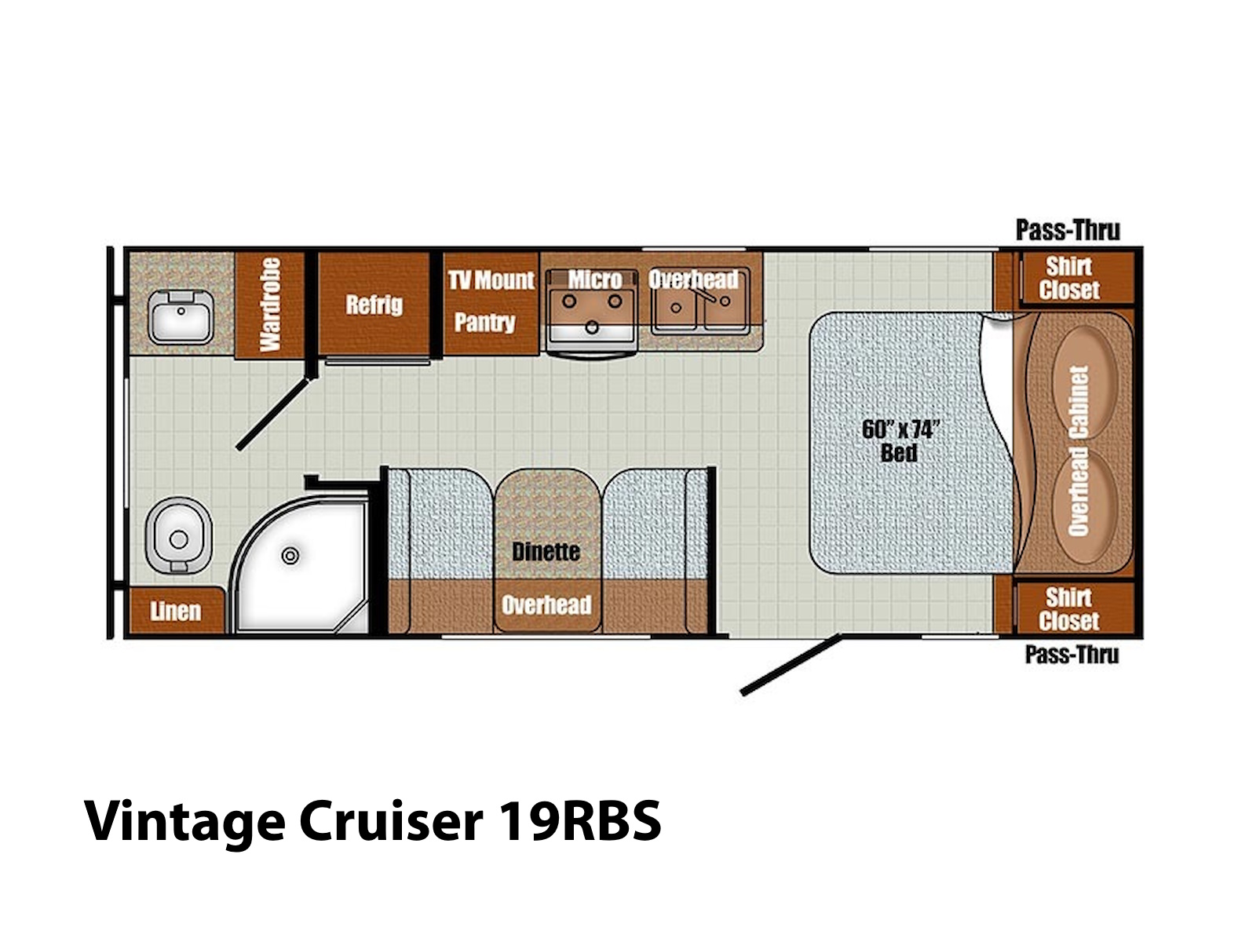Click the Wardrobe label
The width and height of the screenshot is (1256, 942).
(270, 305)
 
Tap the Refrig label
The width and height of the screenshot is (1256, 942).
(374, 305)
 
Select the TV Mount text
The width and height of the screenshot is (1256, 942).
(491, 279)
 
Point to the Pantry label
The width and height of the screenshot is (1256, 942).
(484, 323)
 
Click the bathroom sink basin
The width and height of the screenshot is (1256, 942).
(181, 317)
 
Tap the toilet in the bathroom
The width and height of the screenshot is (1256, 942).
(178, 535)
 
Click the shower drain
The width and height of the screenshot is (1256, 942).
(290, 555)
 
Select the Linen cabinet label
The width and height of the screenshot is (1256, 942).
(175, 612)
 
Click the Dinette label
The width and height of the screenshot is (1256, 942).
(546, 552)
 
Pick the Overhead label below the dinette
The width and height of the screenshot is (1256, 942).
(546, 604)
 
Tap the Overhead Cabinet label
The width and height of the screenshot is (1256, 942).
(1079, 451)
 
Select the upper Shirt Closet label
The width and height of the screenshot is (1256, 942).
(1069, 279)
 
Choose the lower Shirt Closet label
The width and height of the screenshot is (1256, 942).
(1069, 610)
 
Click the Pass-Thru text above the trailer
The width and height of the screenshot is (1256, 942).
(1068, 230)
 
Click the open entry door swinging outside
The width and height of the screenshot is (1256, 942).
(790, 665)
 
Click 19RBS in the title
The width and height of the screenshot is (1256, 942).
(580, 821)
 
